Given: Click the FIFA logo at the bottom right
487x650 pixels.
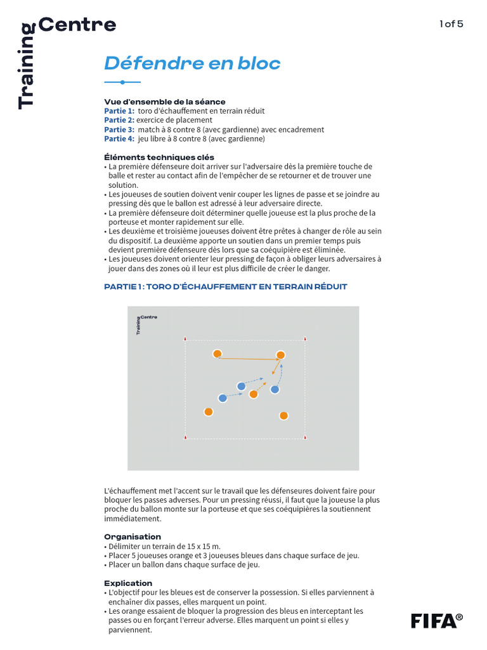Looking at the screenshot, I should (x=436, y=620).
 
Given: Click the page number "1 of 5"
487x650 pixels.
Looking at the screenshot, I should (x=451, y=25).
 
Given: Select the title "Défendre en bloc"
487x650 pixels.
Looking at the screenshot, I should (x=192, y=63).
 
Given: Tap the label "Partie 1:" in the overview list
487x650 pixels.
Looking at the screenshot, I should (x=119, y=110).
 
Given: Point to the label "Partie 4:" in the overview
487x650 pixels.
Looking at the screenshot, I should (x=119, y=138).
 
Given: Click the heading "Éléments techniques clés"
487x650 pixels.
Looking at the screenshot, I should (x=159, y=157).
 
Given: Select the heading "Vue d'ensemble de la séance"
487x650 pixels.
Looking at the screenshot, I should (x=165, y=102).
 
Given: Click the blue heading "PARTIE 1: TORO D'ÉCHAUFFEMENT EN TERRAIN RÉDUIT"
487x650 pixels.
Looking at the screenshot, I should (x=226, y=287).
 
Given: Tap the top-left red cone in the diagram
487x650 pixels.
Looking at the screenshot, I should (x=185, y=339).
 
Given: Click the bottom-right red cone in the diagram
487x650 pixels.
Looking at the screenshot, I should (x=306, y=437).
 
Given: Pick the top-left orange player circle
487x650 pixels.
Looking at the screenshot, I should (x=218, y=354).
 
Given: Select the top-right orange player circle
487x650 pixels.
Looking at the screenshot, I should (x=280, y=355).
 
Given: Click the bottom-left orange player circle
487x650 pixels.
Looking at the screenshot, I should (x=208, y=412).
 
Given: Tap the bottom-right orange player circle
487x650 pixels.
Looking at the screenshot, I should (x=283, y=416).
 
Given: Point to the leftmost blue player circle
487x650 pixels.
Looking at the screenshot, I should (x=223, y=398).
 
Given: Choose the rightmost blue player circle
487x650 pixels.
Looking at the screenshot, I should (x=275, y=389).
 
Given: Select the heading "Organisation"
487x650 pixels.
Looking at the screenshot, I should (x=133, y=536).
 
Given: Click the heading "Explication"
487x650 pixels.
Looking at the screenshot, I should (x=128, y=583).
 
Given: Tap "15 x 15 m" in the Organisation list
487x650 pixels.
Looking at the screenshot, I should (x=202, y=547).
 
